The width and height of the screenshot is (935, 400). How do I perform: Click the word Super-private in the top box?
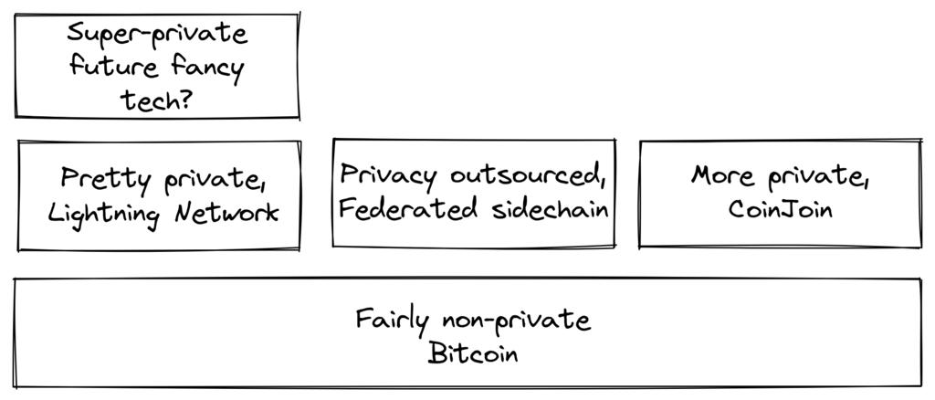[x=157, y=35]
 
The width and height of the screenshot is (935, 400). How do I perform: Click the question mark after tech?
[x=185, y=99]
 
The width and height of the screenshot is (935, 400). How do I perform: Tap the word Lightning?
[x=105, y=215]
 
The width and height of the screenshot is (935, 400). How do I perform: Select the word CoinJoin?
[x=781, y=210]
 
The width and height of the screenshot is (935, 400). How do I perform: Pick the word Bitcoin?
[x=473, y=353]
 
